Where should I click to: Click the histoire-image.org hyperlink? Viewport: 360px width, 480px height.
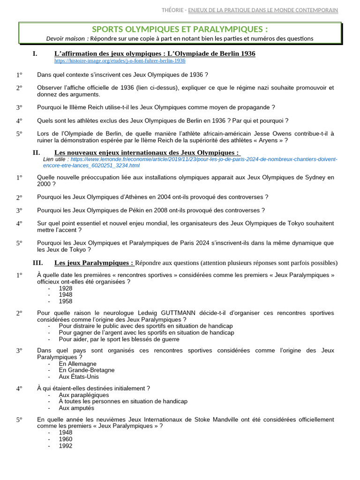pos(120,61)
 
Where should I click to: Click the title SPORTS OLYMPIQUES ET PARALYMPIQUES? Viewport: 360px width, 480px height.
pos(180,29)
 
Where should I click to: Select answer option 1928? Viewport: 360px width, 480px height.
pos(66,288)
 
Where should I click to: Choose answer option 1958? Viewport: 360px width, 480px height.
pos(66,301)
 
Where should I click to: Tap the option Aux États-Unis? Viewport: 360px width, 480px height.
pos(79,376)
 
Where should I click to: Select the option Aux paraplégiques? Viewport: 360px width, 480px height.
pos(84,395)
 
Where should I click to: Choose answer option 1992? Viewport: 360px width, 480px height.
pos(66,446)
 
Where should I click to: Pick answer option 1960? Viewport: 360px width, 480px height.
pos(66,439)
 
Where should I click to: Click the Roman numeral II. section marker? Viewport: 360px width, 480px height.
pos(37,153)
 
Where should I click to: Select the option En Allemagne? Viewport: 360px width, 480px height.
pos(77,363)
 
